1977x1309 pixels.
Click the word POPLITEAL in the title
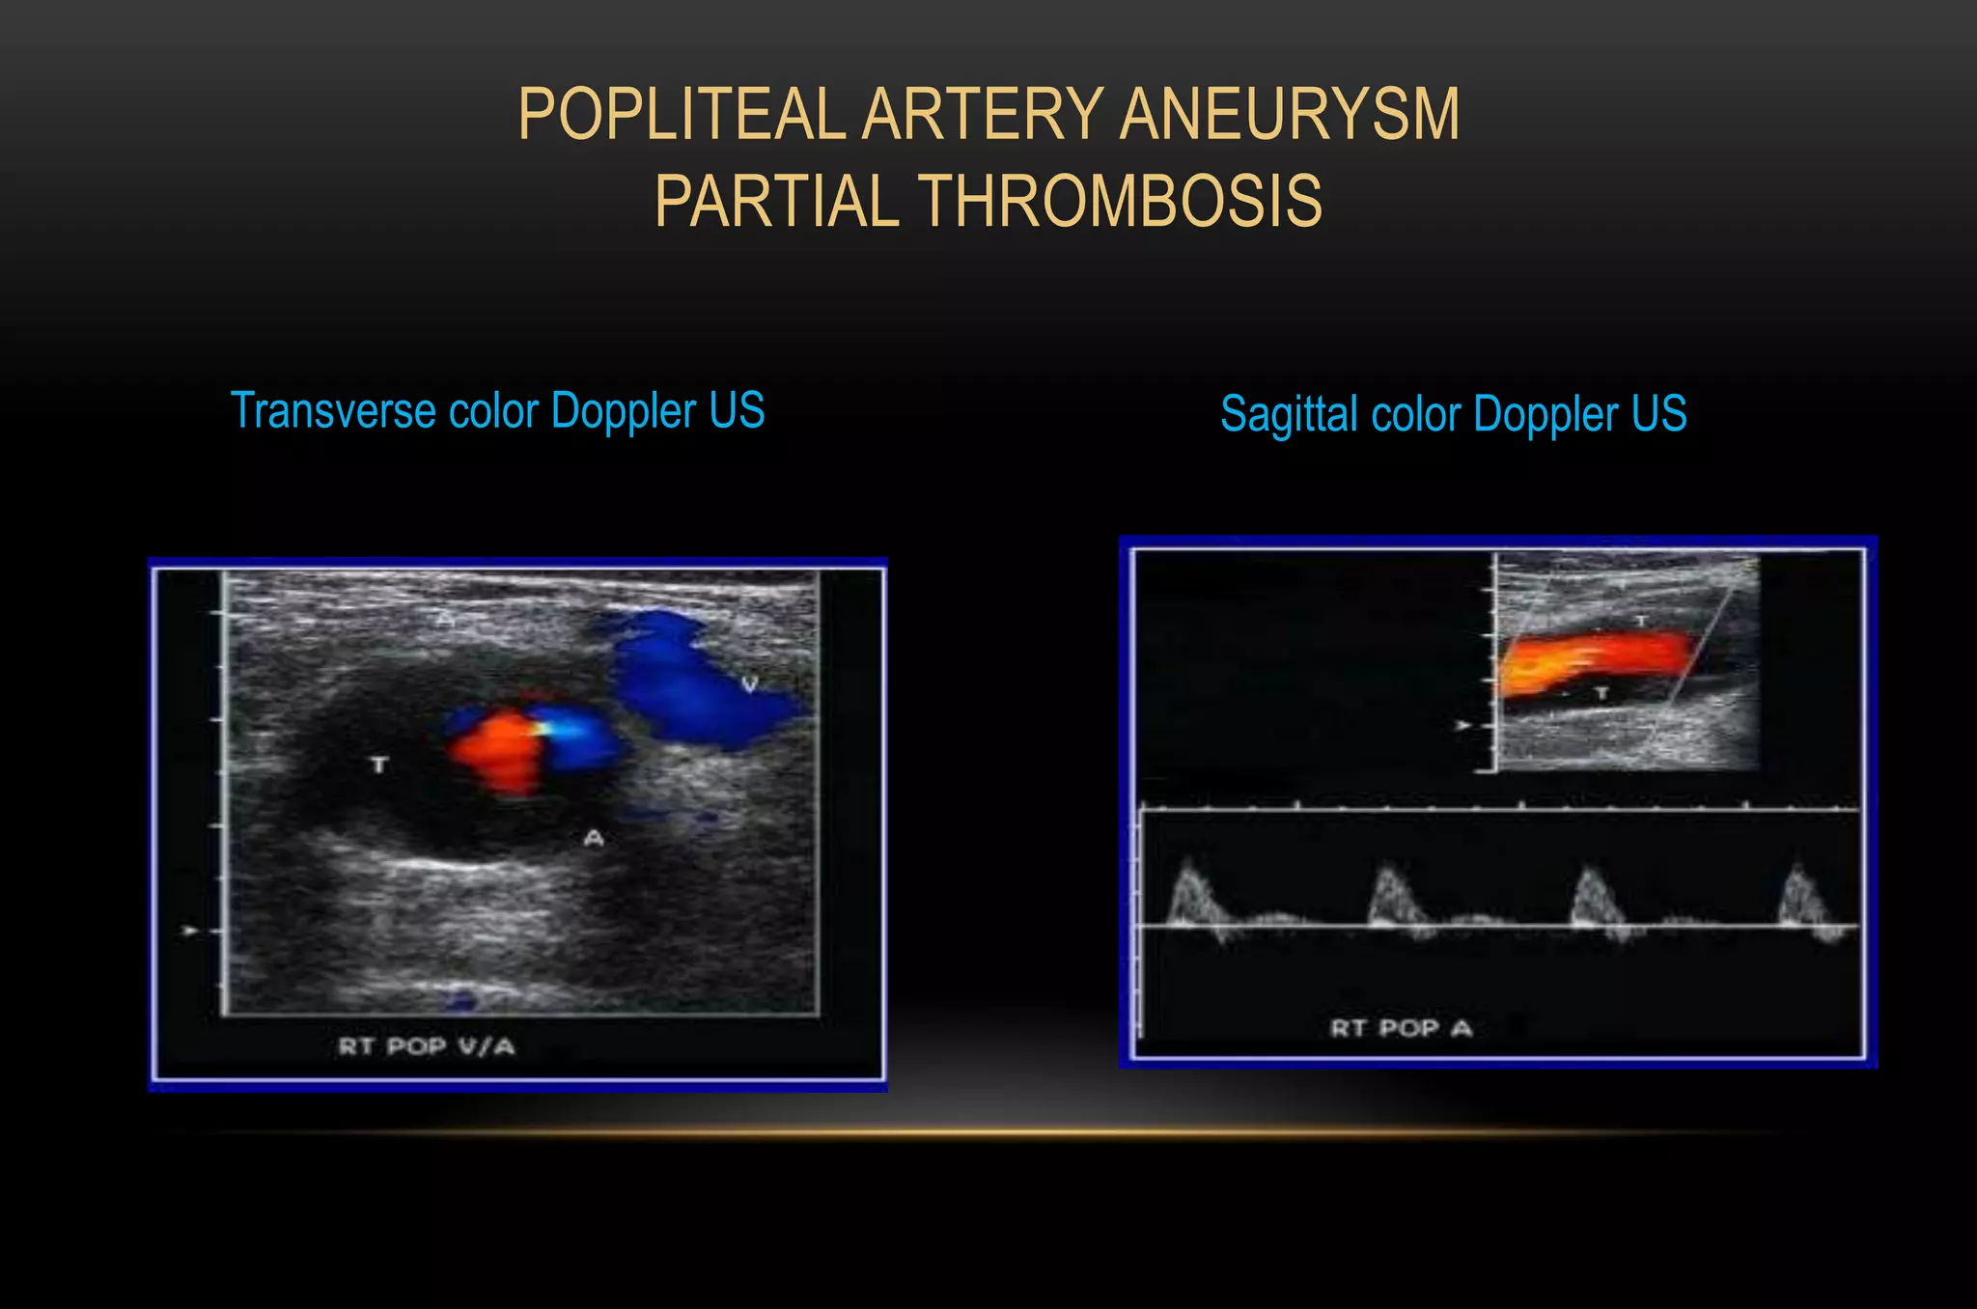[x=682, y=114]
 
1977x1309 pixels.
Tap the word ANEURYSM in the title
[x=1290, y=114]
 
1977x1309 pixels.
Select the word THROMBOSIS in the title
[x=1119, y=201]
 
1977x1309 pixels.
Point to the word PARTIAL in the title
[x=776, y=201]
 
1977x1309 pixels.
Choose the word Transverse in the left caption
[x=333, y=410]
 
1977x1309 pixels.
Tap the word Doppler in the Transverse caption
[x=623, y=410]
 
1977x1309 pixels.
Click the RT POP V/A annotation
[x=426, y=1046]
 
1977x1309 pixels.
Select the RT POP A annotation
[x=1401, y=1028]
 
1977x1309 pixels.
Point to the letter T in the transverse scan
[x=379, y=765]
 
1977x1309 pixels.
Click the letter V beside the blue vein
[x=749, y=684]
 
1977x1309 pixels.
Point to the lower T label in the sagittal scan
[x=1601, y=693]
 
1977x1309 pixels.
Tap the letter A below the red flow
[x=594, y=838]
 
